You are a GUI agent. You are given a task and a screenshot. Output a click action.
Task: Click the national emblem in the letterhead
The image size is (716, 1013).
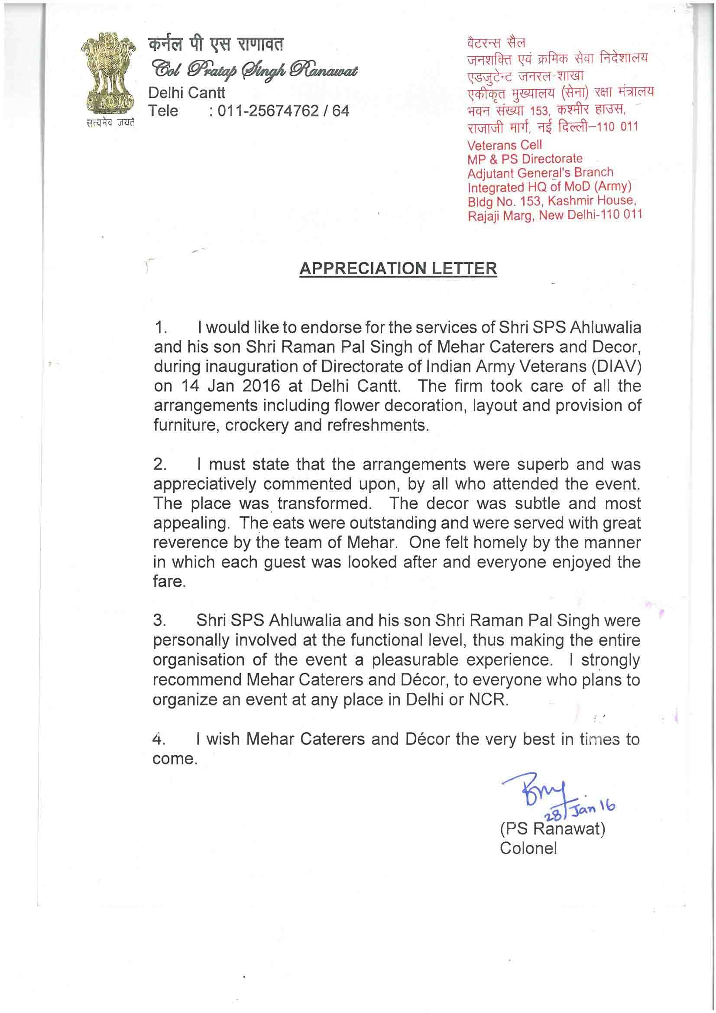[109, 75]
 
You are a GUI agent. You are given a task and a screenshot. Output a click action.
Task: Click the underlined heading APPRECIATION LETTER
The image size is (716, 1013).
[398, 269]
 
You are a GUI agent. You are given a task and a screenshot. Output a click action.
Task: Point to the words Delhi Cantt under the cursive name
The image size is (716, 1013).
[187, 93]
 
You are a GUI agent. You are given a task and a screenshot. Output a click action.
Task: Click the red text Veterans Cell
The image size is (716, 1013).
[504, 145]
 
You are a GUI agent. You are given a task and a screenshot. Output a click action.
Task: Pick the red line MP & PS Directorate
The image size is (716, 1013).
[525, 159]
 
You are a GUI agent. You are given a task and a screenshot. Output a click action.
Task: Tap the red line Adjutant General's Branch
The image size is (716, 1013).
[540, 173]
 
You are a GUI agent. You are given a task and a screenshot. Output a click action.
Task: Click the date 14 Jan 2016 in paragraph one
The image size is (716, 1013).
[231, 386]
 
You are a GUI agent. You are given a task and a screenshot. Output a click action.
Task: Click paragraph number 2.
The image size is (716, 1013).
[159, 464]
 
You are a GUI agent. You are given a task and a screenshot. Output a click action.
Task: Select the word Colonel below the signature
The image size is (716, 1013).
[528, 848]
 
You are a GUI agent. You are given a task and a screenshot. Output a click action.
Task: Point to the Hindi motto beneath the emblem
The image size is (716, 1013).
[110, 123]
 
